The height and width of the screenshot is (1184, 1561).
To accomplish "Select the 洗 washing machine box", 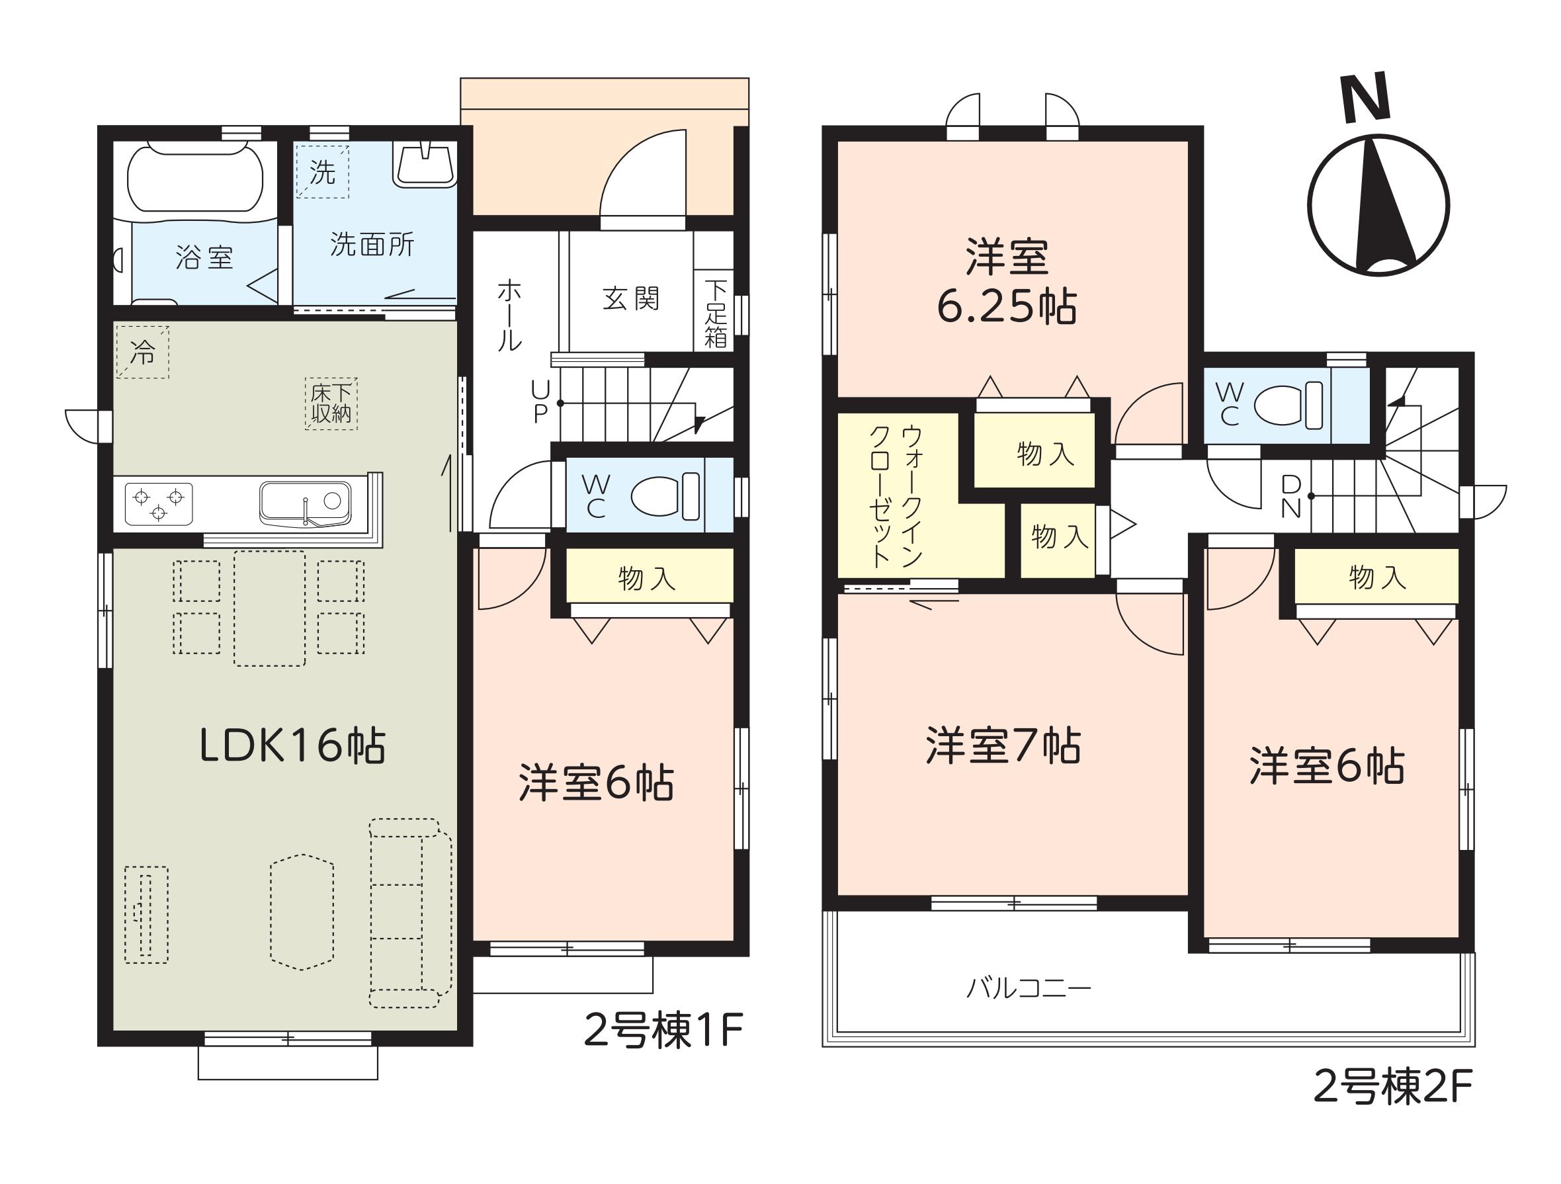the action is click(x=322, y=171).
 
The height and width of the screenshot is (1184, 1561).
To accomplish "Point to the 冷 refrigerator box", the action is click(x=143, y=351).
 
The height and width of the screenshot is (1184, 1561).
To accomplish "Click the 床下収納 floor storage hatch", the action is click(x=331, y=403).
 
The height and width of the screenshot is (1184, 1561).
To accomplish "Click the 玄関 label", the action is click(x=631, y=298).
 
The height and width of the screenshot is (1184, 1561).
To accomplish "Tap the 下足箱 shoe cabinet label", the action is click(x=716, y=314).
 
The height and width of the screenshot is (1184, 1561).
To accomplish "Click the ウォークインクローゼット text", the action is click(x=896, y=496).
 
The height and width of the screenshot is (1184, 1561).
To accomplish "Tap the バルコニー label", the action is click(x=1028, y=988).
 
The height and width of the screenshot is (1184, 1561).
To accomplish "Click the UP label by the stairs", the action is click(x=540, y=402).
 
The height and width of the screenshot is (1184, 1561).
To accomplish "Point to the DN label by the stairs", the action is click(x=1290, y=496).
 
